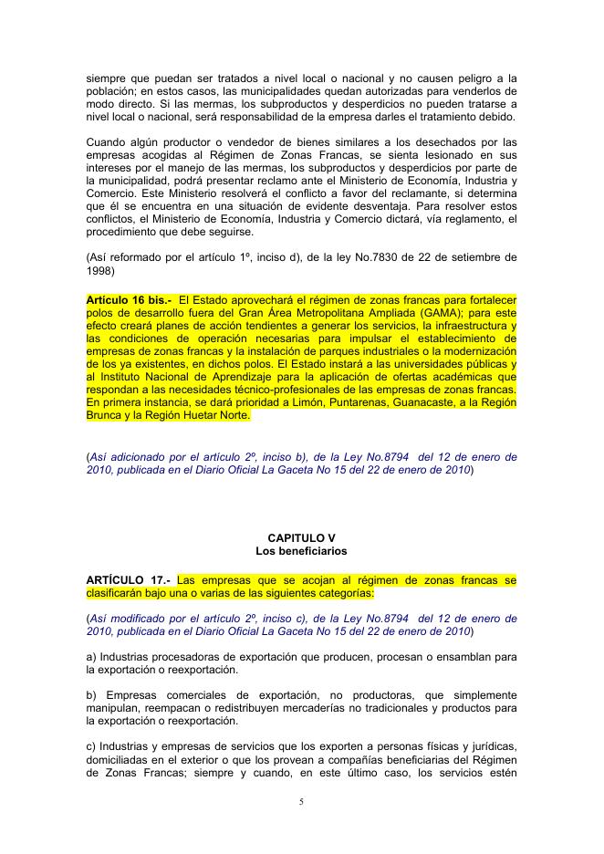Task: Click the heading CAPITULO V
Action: point(301,538)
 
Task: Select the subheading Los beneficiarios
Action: point(301,551)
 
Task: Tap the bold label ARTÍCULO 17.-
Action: point(128,579)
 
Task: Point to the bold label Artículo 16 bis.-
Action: point(130,298)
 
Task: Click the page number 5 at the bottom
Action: point(302,802)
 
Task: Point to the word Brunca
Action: point(106,414)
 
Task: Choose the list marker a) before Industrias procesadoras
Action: point(91,656)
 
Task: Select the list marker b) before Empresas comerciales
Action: point(92,694)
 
